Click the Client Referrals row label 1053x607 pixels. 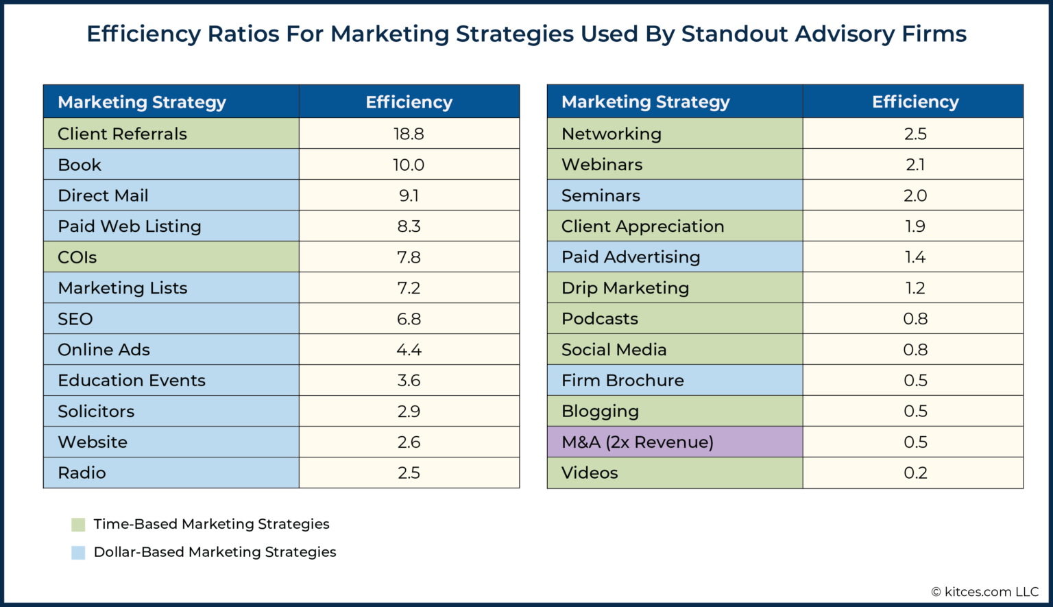(122, 134)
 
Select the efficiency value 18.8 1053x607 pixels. (409, 134)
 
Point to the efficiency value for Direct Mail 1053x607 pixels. (409, 195)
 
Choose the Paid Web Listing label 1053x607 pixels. (130, 226)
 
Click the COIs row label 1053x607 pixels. (77, 257)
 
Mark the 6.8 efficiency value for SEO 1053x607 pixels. (409, 319)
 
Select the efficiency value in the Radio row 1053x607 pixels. (409, 473)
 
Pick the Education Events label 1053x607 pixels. (132, 381)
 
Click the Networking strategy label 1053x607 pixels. (612, 134)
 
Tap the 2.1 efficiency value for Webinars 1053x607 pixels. (915, 165)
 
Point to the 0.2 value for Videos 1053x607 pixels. (915, 473)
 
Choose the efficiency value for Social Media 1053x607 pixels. (915, 350)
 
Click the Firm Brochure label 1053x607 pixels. (622, 381)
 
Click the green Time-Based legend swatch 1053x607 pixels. (78, 525)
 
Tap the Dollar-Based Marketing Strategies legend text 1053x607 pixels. (215, 552)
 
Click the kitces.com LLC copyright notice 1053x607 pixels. (984, 592)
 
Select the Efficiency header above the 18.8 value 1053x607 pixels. (409, 102)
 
